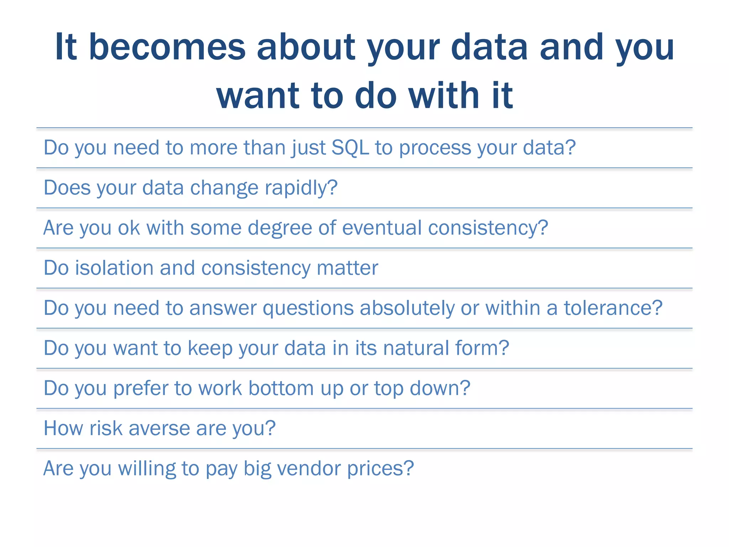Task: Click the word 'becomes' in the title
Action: pyautogui.click(x=167, y=47)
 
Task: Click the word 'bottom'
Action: pyautogui.click(x=281, y=388)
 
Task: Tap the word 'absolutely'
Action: pyautogui.click(x=407, y=308)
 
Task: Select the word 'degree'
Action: pyautogui.click(x=280, y=228)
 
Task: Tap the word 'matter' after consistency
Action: pyautogui.click(x=347, y=268)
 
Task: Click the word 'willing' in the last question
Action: pyautogui.click(x=147, y=468)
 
